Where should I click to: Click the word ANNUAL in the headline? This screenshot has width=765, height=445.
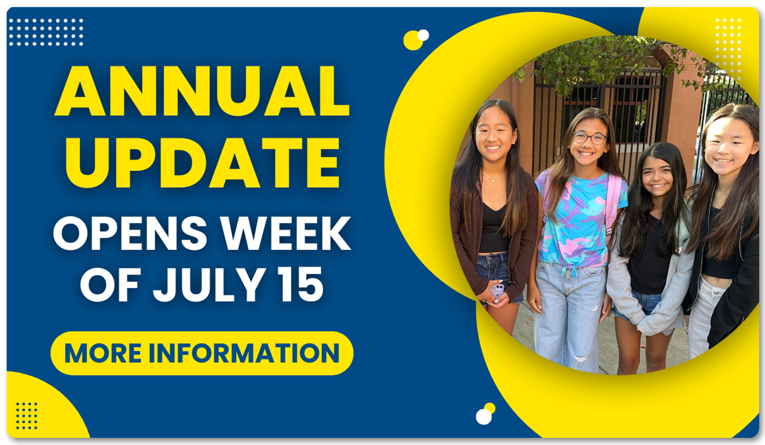[x=202, y=91]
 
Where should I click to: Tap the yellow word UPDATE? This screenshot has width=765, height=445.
[x=202, y=162]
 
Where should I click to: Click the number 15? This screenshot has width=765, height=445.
[x=300, y=285]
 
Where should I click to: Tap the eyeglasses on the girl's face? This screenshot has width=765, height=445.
[x=589, y=138]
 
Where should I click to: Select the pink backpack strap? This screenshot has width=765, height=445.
[x=613, y=204]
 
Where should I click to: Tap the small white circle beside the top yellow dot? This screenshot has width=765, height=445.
[x=423, y=35]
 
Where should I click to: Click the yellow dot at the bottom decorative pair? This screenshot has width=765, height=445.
[x=490, y=408]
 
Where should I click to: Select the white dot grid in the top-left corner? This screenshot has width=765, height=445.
[x=46, y=32]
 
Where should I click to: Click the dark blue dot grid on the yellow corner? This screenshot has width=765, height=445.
[x=27, y=416]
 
